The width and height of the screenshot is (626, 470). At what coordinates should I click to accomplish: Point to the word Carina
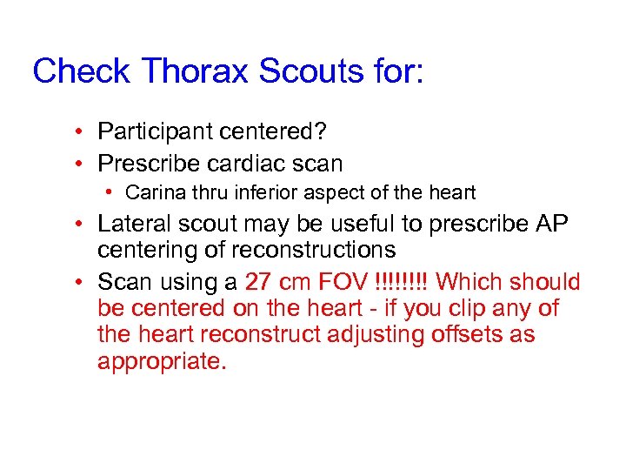(x=150, y=192)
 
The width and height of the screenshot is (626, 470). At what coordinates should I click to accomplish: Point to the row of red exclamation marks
(x=401, y=282)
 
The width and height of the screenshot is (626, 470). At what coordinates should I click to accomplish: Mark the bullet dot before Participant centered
(x=78, y=132)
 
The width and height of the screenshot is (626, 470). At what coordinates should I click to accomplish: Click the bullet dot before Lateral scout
(x=78, y=224)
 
